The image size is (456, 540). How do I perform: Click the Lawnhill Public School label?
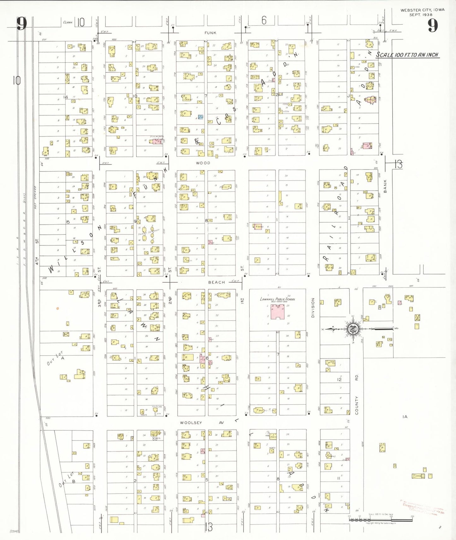(278, 299)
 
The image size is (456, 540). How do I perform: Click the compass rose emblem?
(353, 329)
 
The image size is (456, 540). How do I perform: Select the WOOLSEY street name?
(191, 422)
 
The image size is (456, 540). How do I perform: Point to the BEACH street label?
(216, 282)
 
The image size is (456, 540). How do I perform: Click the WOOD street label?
(203, 163)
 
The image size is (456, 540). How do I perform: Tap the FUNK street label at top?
(210, 33)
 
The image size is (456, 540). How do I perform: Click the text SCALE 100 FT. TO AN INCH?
(407, 55)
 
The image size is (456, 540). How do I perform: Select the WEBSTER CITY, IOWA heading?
(422, 10)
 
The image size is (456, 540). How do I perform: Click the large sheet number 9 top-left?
(21, 24)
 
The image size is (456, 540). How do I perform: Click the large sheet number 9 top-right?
(433, 26)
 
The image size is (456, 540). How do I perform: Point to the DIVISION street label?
(313, 307)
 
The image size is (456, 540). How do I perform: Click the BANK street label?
(385, 186)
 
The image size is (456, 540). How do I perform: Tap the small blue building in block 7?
(200, 117)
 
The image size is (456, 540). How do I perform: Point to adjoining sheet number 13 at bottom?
(209, 527)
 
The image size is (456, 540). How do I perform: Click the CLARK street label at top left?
(68, 22)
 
